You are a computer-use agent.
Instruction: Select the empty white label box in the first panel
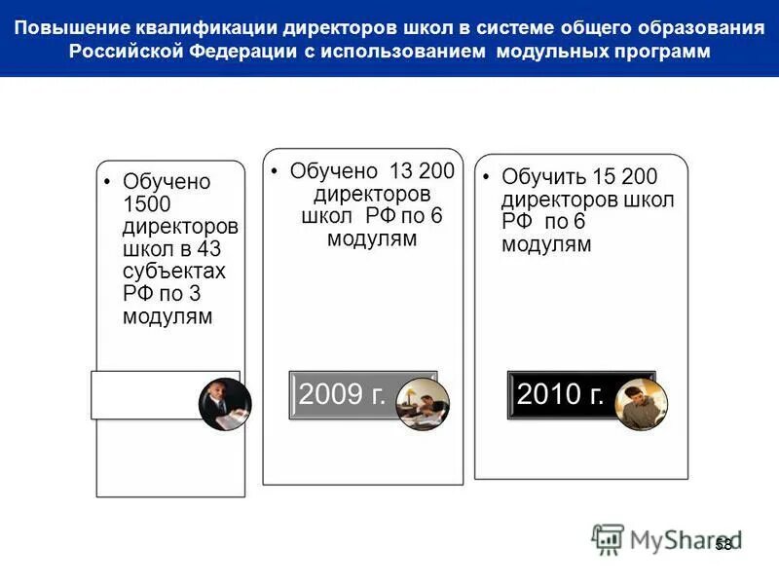coord(146,395)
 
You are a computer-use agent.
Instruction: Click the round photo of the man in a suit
coord(225,405)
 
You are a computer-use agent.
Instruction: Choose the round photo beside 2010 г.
coord(642,404)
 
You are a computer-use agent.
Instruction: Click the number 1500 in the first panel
coord(147,204)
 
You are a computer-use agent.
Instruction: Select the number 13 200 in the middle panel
coord(423,171)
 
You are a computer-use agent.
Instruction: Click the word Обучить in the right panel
coord(544,177)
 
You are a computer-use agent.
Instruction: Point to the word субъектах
coord(174,272)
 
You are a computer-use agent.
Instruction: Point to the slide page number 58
coord(723,544)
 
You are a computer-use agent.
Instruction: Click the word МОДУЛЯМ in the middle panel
coord(372,238)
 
